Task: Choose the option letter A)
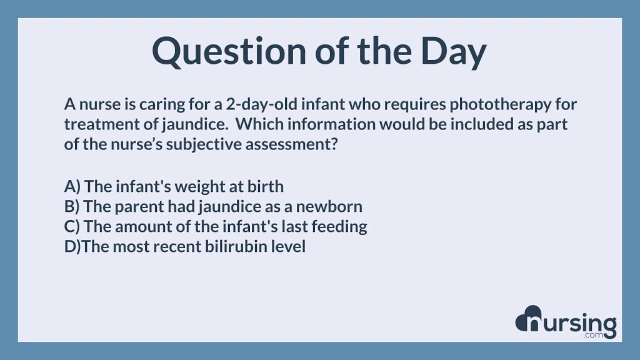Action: pos(72,186)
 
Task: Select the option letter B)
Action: pos(72,206)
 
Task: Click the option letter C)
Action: pos(72,226)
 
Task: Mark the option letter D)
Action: pos(72,246)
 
